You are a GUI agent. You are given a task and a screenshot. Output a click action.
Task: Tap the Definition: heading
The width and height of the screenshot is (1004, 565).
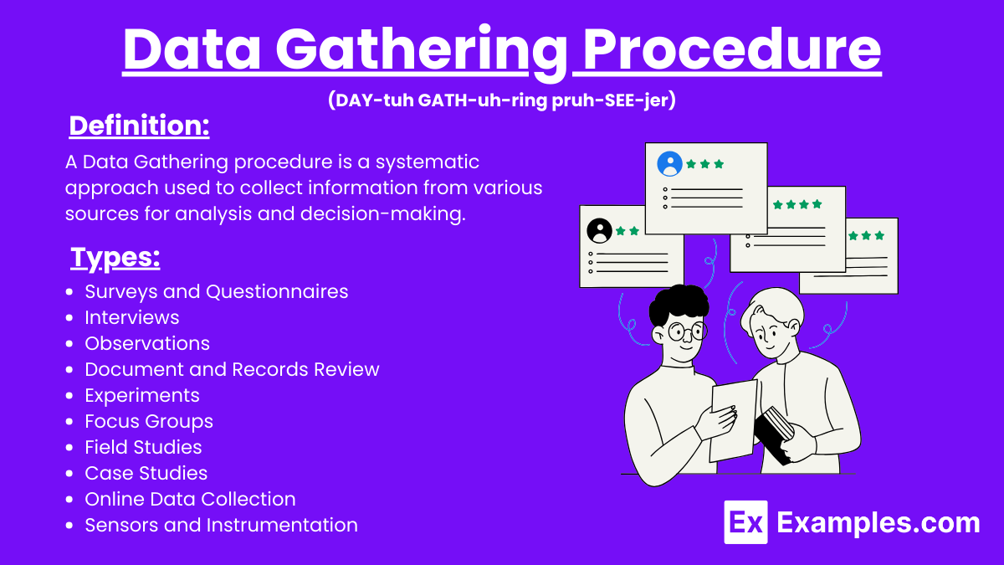[x=139, y=126]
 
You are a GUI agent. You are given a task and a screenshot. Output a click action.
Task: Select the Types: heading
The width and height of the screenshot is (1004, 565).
[x=115, y=258]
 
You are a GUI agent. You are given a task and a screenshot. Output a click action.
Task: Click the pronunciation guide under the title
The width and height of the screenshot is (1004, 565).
[x=502, y=100]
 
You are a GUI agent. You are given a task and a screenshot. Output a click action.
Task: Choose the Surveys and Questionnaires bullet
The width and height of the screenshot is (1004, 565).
[x=216, y=291]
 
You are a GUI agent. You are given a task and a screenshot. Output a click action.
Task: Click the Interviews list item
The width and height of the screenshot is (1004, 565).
[x=131, y=317]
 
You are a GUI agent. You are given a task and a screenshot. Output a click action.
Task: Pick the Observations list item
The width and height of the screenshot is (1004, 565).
[x=146, y=343]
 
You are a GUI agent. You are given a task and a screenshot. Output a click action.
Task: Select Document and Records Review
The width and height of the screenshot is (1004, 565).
[x=232, y=369]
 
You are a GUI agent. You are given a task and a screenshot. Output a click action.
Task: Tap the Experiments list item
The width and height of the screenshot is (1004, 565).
[x=141, y=395]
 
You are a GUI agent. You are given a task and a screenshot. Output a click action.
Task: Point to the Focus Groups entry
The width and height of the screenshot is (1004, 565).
[x=148, y=421]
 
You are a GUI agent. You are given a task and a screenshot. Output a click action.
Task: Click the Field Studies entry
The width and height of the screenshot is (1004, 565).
[x=143, y=447]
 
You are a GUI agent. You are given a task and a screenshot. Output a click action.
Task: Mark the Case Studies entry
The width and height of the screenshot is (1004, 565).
[x=146, y=473]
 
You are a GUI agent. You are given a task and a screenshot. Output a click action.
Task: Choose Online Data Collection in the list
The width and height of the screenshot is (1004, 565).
[x=190, y=499]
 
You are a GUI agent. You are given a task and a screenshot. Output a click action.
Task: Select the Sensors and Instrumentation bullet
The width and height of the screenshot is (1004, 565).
[x=221, y=525]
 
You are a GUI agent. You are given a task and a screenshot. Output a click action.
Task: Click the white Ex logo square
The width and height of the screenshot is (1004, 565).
[x=745, y=523]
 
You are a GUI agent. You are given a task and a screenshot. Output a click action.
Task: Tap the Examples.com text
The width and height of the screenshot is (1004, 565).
[x=878, y=523]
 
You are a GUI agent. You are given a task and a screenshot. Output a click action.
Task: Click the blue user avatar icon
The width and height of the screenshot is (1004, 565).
[x=669, y=164]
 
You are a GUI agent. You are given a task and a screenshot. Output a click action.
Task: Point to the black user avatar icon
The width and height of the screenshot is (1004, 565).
[x=599, y=230]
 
